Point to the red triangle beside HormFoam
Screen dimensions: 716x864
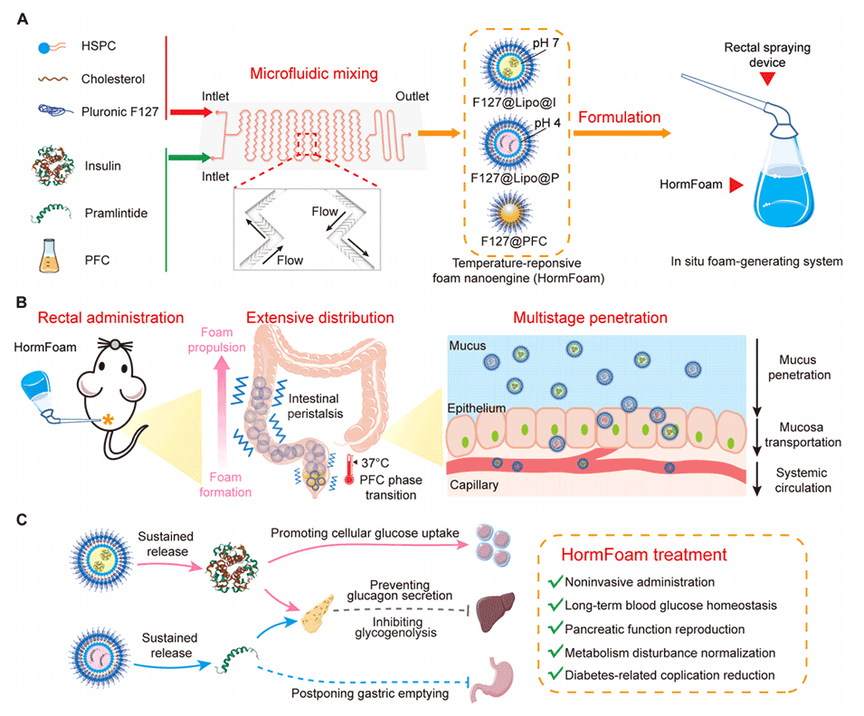[735, 186]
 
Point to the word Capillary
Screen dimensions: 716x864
[473, 486]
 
